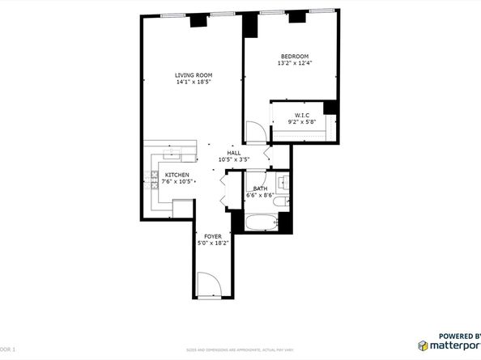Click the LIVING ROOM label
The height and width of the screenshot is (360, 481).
click(194, 74)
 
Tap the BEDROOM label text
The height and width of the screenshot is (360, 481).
click(294, 56)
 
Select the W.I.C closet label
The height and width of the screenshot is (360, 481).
click(301, 116)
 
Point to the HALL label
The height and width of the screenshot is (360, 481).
click(233, 153)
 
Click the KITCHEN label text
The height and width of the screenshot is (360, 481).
click(177, 175)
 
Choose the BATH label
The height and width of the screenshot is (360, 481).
click(260, 188)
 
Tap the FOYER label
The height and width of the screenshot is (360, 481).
click(213, 236)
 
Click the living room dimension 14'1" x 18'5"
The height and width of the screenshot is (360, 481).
click(194, 82)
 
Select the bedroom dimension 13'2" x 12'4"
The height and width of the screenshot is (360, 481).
click(294, 63)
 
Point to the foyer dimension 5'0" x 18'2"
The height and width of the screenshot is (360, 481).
click(213, 243)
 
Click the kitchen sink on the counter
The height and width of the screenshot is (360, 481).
click(171, 152)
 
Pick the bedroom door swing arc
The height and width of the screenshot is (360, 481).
click(254, 131)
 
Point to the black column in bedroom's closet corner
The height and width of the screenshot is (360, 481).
click(330, 108)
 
